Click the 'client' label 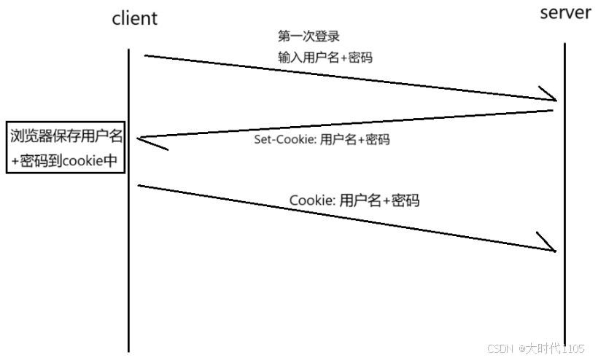[134, 18]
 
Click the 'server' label [565, 13]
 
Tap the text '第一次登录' [308, 36]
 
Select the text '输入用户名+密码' [325, 57]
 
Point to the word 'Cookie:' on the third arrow [313, 200]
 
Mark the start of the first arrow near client [145, 55]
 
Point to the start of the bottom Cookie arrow [139, 186]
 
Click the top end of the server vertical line [564, 44]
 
